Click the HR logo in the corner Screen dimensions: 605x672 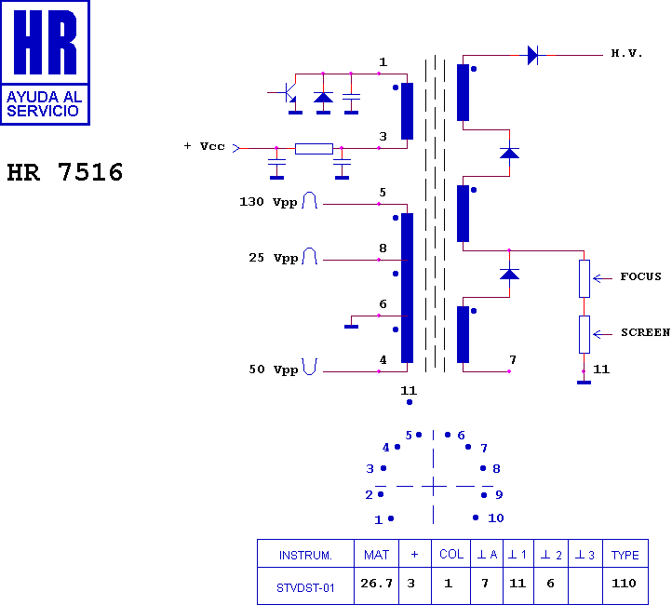click(x=46, y=62)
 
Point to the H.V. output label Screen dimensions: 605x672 click(x=626, y=54)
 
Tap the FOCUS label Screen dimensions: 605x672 click(x=640, y=276)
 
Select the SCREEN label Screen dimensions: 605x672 click(x=644, y=332)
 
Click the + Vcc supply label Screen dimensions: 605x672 click(x=205, y=146)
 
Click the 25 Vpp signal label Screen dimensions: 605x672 click(x=273, y=258)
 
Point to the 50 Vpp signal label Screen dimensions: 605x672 click(x=273, y=370)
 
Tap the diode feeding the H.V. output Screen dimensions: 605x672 click(x=532, y=55)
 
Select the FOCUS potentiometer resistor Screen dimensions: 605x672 click(x=585, y=277)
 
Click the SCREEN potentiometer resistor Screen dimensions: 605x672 click(x=585, y=334)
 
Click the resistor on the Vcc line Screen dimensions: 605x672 click(x=314, y=148)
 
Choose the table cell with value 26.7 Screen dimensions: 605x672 click(x=377, y=584)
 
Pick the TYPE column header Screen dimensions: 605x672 click(x=625, y=555)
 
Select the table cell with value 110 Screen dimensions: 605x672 click(x=625, y=584)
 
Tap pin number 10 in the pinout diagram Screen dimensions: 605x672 click(x=495, y=518)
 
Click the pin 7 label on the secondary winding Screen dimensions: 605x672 click(x=512, y=359)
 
